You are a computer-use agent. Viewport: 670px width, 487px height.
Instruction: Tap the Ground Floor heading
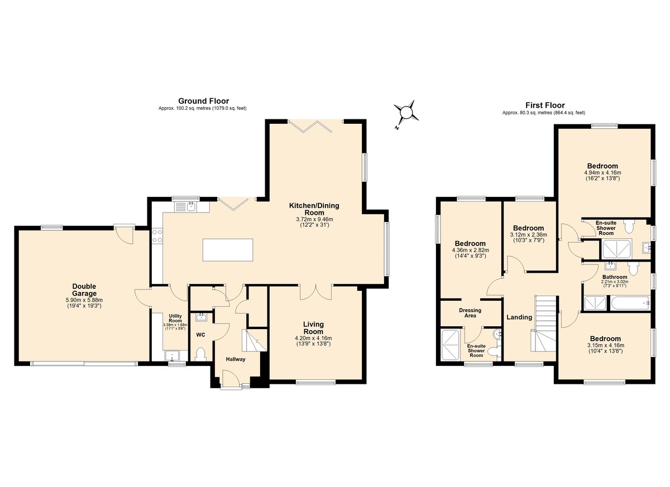(203, 101)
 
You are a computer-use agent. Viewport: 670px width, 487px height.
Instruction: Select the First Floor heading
(545, 105)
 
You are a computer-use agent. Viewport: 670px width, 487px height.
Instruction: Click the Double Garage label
(84, 290)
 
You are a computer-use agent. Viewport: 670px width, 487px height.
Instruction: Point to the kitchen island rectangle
(228, 250)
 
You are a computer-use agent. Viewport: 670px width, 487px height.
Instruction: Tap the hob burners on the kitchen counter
(157, 236)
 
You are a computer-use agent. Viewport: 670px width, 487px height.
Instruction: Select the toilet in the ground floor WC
(200, 354)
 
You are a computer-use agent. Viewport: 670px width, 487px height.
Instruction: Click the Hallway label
(236, 359)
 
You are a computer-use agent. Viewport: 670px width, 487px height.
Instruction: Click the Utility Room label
(175, 318)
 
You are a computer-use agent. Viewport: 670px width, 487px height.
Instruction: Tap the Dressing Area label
(470, 313)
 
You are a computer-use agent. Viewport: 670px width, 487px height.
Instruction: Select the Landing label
(519, 317)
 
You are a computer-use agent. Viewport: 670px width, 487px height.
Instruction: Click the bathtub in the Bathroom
(630, 303)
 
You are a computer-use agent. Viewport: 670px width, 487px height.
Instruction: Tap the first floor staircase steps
(545, 324)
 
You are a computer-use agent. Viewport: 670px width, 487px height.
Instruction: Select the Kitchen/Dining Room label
(314, 209)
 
